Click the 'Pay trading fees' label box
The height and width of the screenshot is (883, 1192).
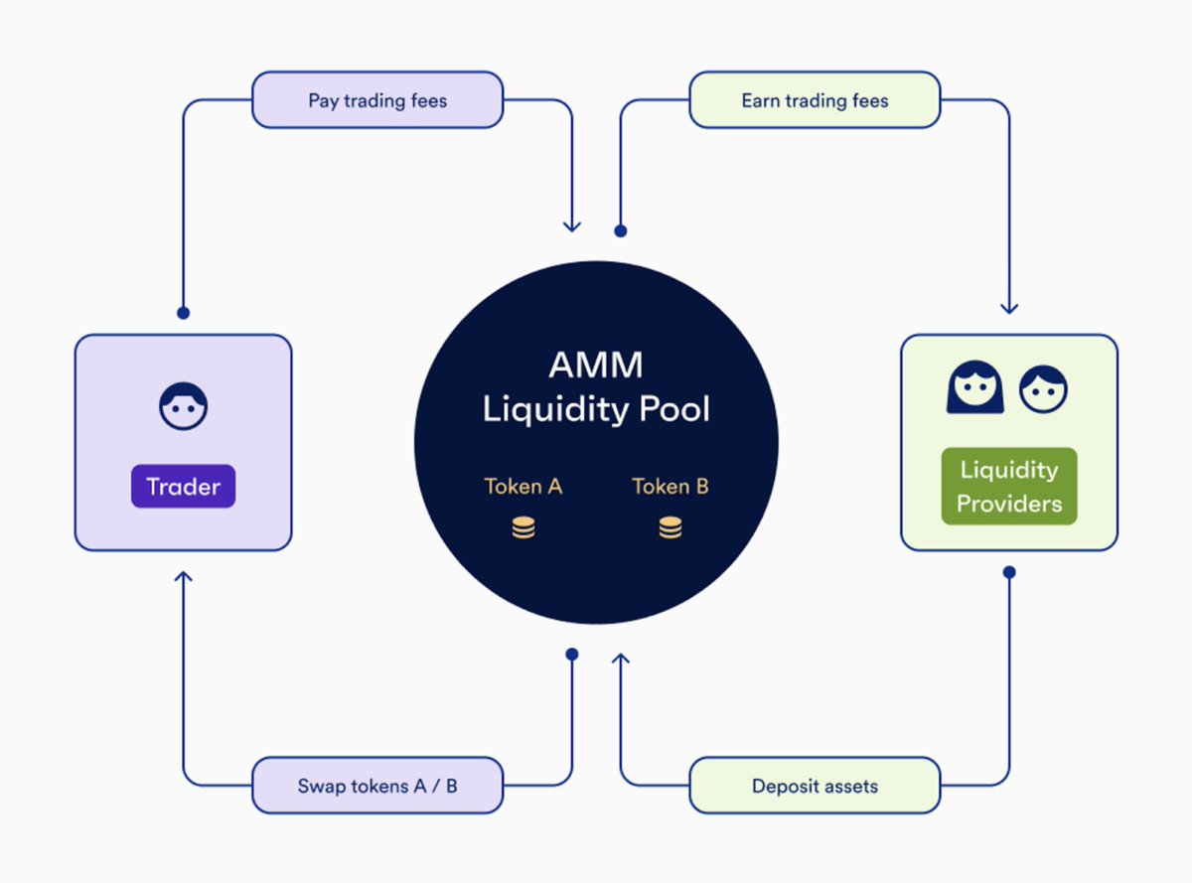[x=377, y=100]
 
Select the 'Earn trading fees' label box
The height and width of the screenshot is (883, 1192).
[x=815, y=100]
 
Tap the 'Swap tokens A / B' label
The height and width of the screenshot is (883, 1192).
[x=377, y=786]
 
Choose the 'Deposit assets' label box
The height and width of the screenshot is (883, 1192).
[x=815, y=786]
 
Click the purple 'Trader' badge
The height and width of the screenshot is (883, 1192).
[x=183, y=487]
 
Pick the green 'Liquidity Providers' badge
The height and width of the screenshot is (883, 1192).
[x=1009, y=487]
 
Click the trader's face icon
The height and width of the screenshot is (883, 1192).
[x=184, y=406]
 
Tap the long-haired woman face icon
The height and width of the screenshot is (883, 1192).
[x=974, y=387]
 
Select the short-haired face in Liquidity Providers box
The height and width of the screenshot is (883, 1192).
[x=1043, y=389]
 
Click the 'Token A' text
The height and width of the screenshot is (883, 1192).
[x=523, y=487]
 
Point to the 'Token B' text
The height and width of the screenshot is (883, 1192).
[x=670, y=487]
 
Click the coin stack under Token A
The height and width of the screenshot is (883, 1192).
[x=523, y=528]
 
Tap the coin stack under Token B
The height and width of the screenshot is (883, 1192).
[x=670, y=528]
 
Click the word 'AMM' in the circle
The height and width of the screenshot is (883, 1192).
[x=596, y=366]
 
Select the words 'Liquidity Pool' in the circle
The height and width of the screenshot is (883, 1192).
[x=596, y=409]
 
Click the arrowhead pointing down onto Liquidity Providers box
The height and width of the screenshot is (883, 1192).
[x=1009, y=308]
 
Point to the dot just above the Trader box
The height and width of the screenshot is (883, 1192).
[x=183, y=313]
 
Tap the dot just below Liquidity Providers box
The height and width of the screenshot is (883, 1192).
[x=1009, y=572]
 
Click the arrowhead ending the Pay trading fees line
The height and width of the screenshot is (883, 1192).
[x=571, y=226]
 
